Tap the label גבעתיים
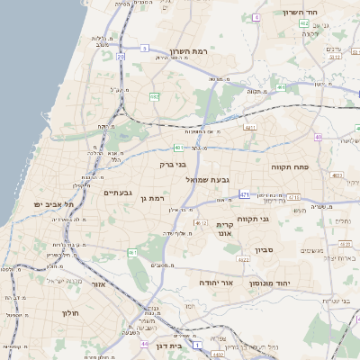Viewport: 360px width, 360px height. coord(118,193)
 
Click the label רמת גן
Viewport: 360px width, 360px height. coord(157,197)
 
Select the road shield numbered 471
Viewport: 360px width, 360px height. coord(245,194)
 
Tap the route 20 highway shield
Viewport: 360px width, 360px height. coord(121,57)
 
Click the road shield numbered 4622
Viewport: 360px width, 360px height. coord(243,259)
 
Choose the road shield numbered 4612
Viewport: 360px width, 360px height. coord(200,222)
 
